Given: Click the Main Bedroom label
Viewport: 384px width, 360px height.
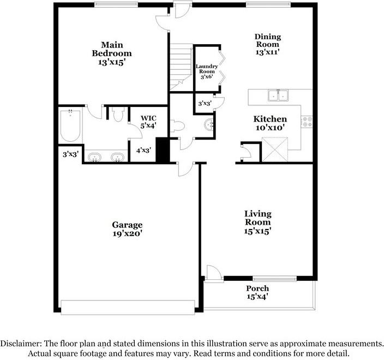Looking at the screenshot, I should point(112,49).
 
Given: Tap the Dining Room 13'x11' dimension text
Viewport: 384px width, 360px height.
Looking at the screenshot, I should point(268,53).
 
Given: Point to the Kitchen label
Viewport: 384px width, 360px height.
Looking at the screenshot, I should point(270,119).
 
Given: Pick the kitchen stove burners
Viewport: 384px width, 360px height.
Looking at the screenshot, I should point(307,122).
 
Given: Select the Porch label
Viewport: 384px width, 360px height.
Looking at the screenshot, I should point(257,288).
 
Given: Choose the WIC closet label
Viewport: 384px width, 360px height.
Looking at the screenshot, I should point(148,118).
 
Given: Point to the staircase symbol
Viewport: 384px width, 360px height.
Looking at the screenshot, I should point(181,67).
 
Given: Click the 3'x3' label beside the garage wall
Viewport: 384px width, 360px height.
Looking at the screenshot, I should point(70,154).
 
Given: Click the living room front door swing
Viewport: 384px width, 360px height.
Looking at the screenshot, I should point(213,272).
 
